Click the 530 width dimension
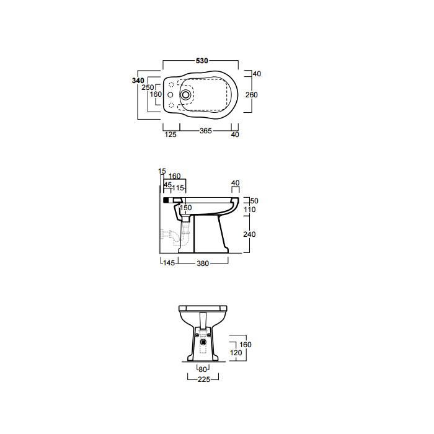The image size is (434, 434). click(x=201, y=61)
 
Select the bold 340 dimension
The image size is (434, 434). click(x=138, y=81)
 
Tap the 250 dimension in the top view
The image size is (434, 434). click(x=148, y=87)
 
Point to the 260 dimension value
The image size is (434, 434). click(x=252, y=95)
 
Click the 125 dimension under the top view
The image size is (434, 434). click(x=170, y=135)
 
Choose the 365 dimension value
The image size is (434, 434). click(x=206, y=131)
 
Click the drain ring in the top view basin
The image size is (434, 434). click(x=185, y=95)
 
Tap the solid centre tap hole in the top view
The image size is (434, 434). click(x=170, y=95)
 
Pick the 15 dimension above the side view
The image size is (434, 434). click(x=162, y=171)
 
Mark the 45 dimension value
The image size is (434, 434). click(x=168, y=185)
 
